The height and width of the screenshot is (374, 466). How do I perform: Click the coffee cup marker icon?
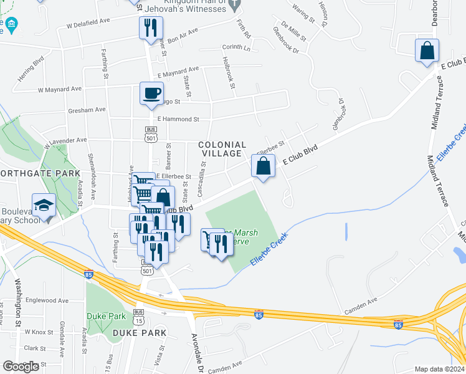pyautogui.click(x=151, y=93)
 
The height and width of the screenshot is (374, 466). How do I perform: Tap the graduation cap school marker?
pyautogui.click(x=44, y=206)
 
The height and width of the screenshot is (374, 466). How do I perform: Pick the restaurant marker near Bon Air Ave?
pyautogui.click(x=151, y=28)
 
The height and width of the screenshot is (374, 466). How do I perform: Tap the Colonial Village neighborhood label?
pyautogui.click(x=220, y=149)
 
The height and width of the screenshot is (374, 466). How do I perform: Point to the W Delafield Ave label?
pyautogui.click(x=88, y=22)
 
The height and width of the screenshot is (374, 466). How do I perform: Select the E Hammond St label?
pyautogui.click(x=178, y=118)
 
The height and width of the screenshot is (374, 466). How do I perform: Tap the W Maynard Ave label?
pyautogui.click(x=60, y=89)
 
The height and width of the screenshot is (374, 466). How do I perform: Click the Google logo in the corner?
pyautogui.click(x=21, y=367)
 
